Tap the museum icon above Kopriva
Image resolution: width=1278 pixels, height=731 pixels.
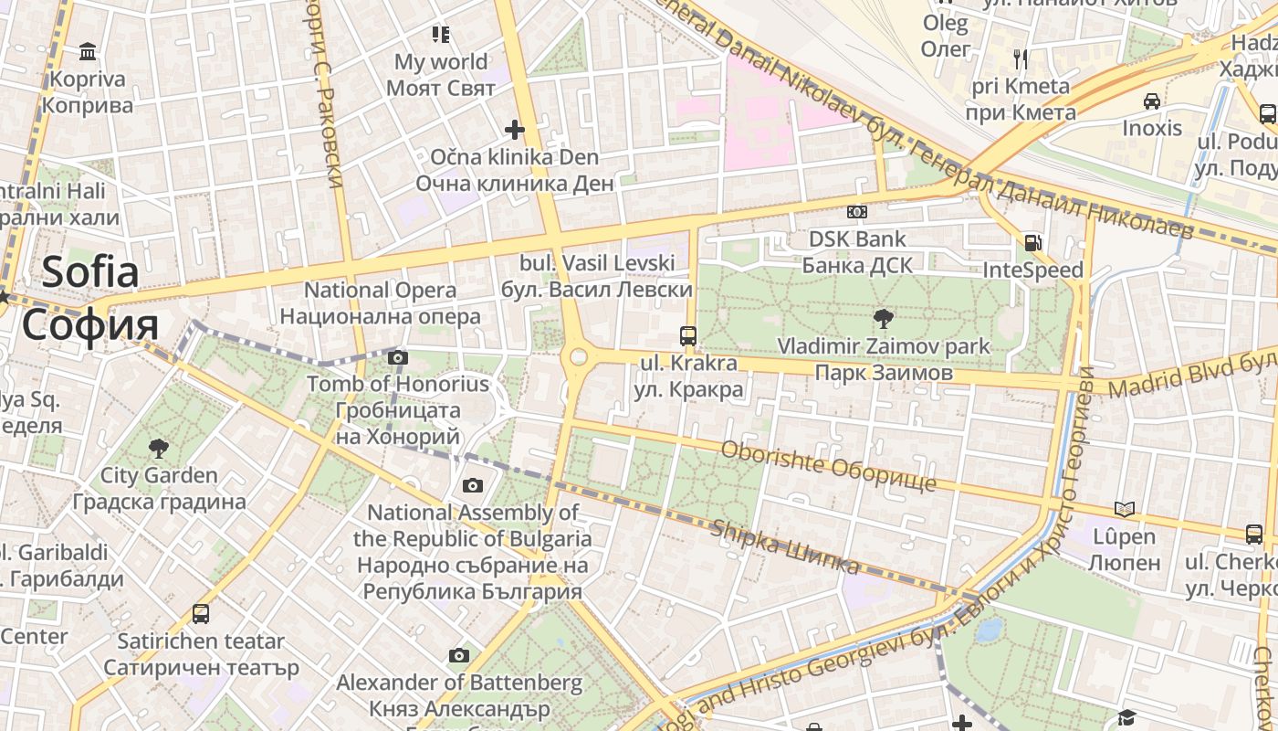[88, 50]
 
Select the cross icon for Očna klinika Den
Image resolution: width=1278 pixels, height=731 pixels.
[515, 130]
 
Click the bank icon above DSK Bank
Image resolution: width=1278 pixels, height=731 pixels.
[856, 212]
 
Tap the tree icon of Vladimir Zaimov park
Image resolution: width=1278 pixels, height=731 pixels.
[883, 319]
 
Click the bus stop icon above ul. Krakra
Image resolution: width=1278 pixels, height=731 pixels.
[688, 335]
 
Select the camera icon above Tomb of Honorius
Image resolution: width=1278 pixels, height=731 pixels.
[398, 357]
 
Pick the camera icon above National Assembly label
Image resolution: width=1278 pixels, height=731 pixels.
[473, 485]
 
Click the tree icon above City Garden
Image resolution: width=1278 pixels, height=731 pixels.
[159, 448]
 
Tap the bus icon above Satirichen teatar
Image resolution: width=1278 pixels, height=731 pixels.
[201, 614]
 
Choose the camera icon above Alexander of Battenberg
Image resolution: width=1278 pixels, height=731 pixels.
[459, 655]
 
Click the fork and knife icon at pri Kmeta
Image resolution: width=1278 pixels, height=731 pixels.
[1021, 59]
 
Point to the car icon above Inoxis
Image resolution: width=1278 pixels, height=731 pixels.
[1152, 101]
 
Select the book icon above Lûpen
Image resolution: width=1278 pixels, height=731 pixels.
[1125, 509]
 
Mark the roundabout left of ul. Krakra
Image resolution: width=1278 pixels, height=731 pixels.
[579, 356]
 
